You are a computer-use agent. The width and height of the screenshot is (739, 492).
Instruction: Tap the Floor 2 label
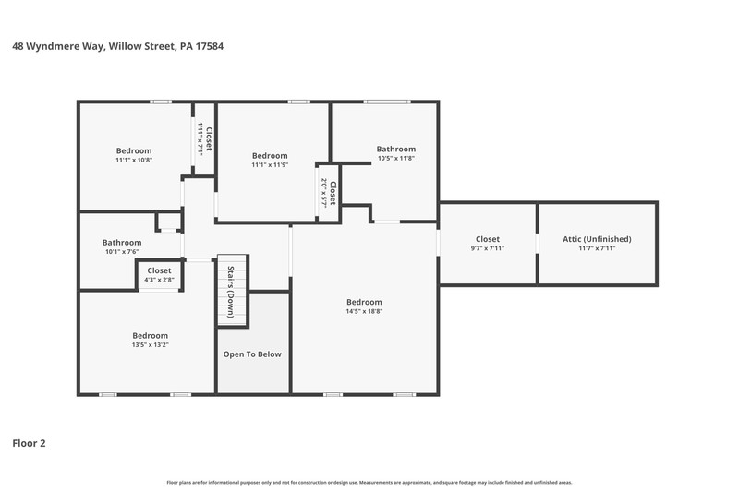pyautogui.click(x=29, y=443)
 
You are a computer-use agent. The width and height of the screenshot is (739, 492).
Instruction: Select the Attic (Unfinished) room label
pyautogui.click(x=597, y=239)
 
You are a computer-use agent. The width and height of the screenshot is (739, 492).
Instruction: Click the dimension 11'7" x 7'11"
pyautogui.click(x=597, y=248)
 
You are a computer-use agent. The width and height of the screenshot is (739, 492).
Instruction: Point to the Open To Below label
pyautogui.click(x=252, y=354)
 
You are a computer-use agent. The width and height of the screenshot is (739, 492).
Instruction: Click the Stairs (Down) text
pyautogui.click(x=231, y=292)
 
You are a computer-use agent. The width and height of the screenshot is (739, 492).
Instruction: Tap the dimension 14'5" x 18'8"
pyautogui.click(x=364, y=311)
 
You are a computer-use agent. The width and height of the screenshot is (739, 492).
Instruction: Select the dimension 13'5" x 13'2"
pyautogui.click(x=150, y=344)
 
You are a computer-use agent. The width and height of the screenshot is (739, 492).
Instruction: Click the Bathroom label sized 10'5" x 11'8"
pyautogui.click(x=396, y=149)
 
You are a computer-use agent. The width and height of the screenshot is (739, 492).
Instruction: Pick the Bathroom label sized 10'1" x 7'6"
pyautogui.click(x=122, y=243)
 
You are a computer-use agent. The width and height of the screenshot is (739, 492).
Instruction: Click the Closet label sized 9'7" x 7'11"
pyautogui.click(x=488, y=239)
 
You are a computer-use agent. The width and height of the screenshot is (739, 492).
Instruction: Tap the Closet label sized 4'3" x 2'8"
pyautogui.click(x=159, y=270)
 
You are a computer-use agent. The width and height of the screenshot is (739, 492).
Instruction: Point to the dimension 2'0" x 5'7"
pyautogui.click(x=324, y=193)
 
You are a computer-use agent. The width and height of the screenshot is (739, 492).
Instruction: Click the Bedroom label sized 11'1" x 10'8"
pyautogui.click(x=134, y=150)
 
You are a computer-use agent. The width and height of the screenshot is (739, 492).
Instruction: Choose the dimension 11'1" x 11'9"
pyautogui.click(x=270, y=165)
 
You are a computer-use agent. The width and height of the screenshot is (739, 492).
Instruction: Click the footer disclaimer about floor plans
pyautogui.click(x=369, y=482)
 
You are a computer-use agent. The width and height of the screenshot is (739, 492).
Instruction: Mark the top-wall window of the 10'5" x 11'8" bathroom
pyautogui.click(x=386, y=102)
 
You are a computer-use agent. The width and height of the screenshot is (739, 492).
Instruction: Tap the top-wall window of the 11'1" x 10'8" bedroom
pyautogui.click(x=161, y=102)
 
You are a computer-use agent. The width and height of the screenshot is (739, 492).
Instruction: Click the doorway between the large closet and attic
pyautogui.click(x=538, y=244)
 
